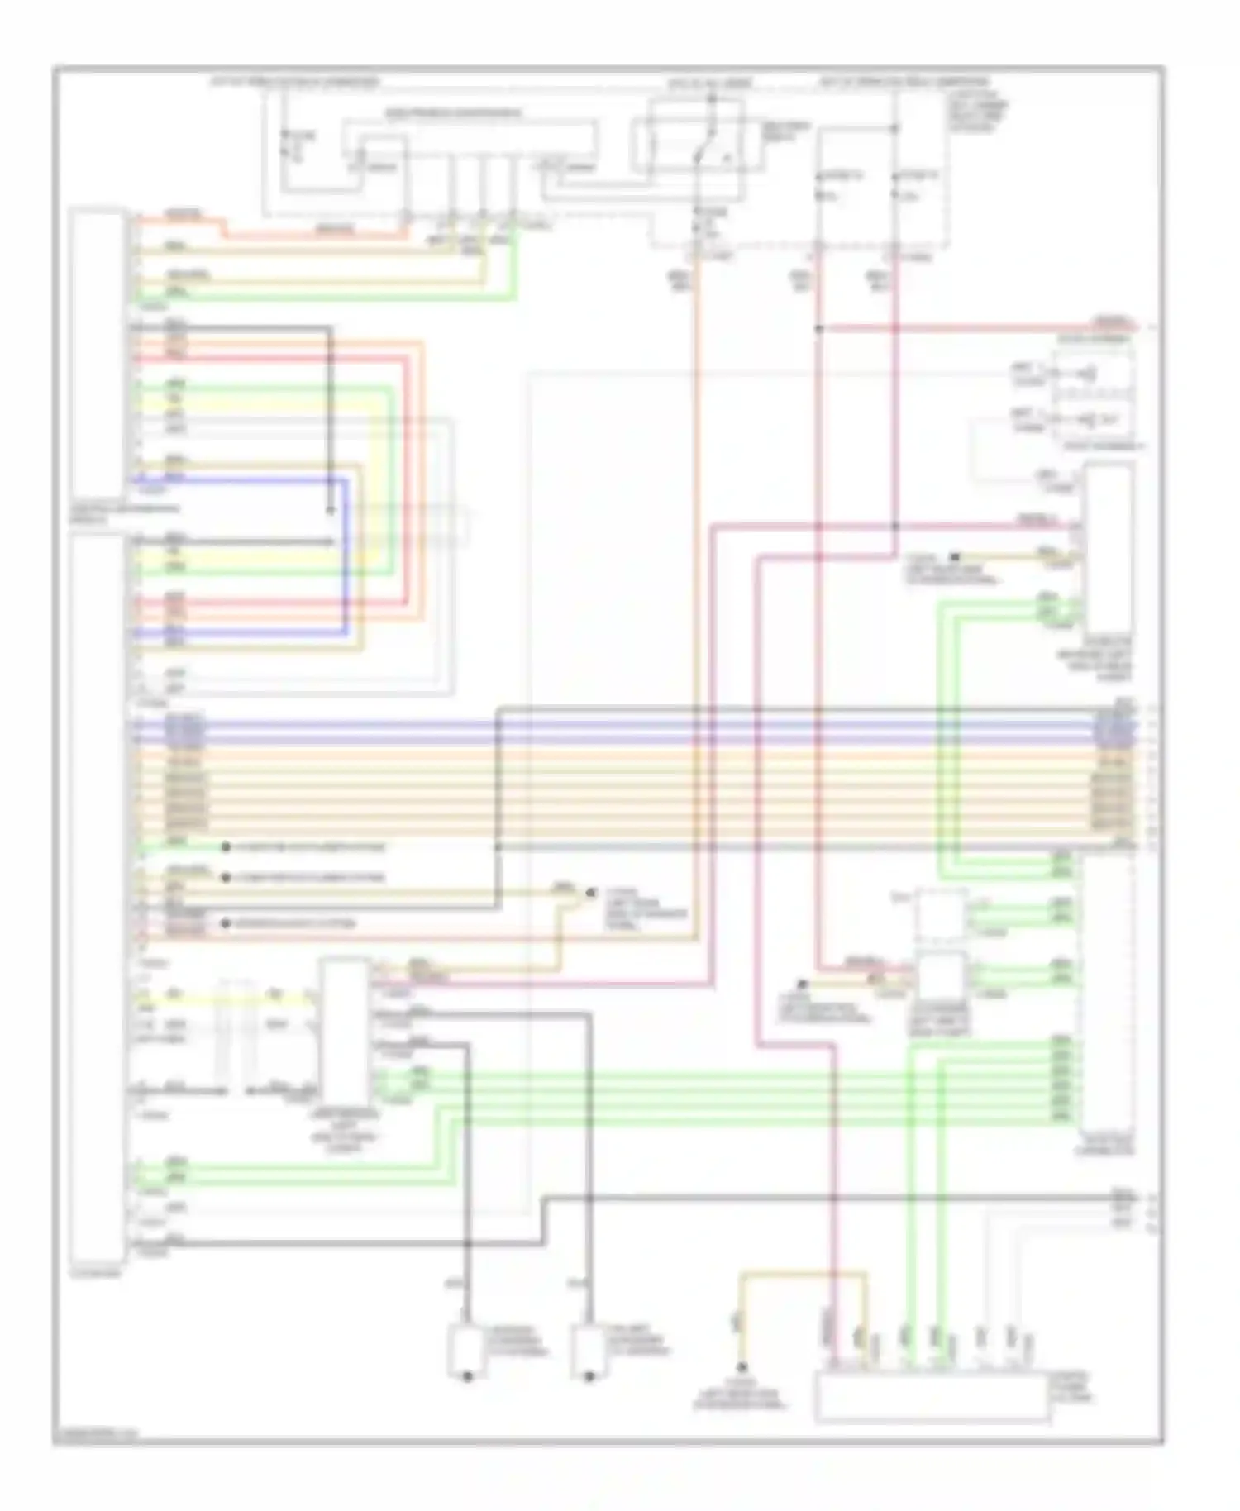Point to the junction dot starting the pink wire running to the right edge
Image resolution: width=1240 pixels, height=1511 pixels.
(x=819, y=328)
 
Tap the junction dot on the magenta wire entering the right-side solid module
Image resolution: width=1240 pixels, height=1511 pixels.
(x=895, y=526)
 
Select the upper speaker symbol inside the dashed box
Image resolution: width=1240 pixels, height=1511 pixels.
(x=1091, y=376)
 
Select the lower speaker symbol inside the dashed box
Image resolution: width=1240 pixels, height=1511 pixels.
(x=1091, y=420)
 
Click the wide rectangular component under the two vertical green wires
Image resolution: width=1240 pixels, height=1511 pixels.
(x=932, y=1397)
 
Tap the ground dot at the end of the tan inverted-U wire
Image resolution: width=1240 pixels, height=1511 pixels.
(x=742, y=1367)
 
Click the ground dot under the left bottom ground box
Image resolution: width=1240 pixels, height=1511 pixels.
(x=467, y=1378)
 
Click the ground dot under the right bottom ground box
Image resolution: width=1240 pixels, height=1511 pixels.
(x=589, y=1378)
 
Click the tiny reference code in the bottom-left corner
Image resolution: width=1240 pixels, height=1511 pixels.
(x=96, y=1435)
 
